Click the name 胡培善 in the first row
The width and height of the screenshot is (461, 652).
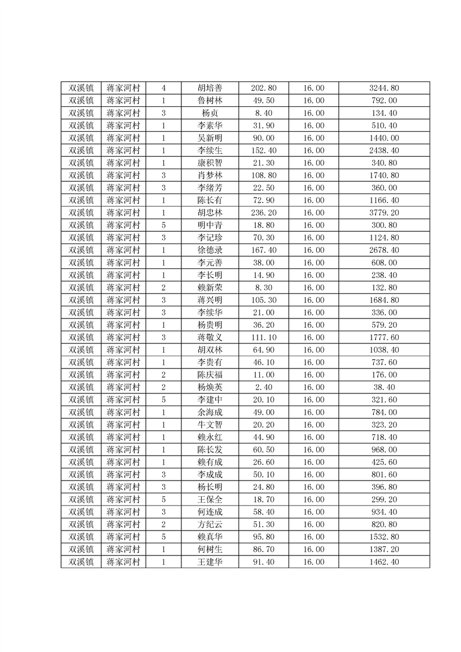click(209, 88)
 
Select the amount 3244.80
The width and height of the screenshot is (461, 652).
click(384, 88)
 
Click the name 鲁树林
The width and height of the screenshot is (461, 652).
click(209, 101)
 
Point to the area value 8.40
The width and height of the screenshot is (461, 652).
click(263, 113)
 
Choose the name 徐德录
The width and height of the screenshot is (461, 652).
click(209, 250)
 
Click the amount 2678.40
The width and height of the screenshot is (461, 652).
click(384, 250)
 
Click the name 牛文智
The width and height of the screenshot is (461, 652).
click(209, 425)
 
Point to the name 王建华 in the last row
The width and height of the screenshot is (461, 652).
click(209, 562)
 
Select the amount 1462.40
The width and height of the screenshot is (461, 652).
click(384, 562)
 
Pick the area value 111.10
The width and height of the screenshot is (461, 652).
click(263, 338)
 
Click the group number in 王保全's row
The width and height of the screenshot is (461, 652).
click(163, 500)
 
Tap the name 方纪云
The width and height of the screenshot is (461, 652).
click(209, 525)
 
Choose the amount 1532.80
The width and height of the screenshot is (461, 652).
click(384, 537)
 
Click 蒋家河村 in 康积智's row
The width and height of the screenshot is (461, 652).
click(123, 163)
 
